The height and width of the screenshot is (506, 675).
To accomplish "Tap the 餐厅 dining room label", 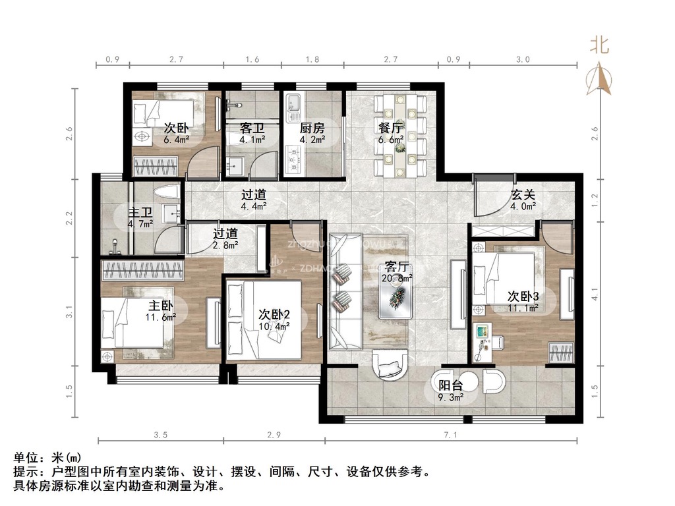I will [x=391, y=128].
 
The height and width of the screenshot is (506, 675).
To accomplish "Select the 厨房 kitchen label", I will [x=312, y=128].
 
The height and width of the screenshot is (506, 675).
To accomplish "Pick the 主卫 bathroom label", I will [x=140, y=212].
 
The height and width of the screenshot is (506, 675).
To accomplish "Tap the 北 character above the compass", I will [x=599, y=45].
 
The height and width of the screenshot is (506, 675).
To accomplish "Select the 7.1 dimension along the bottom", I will [x=450, y=436].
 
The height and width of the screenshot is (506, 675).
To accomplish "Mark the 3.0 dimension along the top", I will [x=523, y=59].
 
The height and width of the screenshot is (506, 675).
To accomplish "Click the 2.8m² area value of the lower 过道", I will [x=226, y=244].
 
